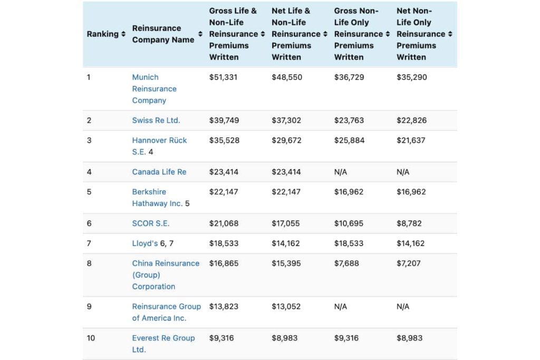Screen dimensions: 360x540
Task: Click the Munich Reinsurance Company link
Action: pos(154,89)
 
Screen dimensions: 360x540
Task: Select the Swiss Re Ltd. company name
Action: pos(156,120)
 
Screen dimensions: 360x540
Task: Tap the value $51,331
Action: pos(223,77)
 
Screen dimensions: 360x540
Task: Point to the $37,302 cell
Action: pos(286,120)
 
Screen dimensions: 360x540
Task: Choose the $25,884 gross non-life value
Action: pos(349,140)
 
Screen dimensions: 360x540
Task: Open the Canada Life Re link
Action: pos(159,172)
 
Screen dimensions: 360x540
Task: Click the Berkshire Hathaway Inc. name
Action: pos(157,198)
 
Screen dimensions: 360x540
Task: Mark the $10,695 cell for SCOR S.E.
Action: pos(349,223)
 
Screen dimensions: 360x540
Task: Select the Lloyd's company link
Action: pos(144,244)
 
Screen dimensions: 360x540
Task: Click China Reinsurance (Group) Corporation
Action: pos(165,275)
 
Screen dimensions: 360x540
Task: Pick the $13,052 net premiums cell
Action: pos(286,306)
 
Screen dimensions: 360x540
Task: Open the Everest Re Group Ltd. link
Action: pos(163,344)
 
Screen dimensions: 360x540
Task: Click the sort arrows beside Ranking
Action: pos(123,34)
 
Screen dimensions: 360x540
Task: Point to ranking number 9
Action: pos(89,306)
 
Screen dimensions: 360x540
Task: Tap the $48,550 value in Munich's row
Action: pos(287,77)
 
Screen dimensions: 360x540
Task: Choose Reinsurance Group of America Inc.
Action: pos(166,312)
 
